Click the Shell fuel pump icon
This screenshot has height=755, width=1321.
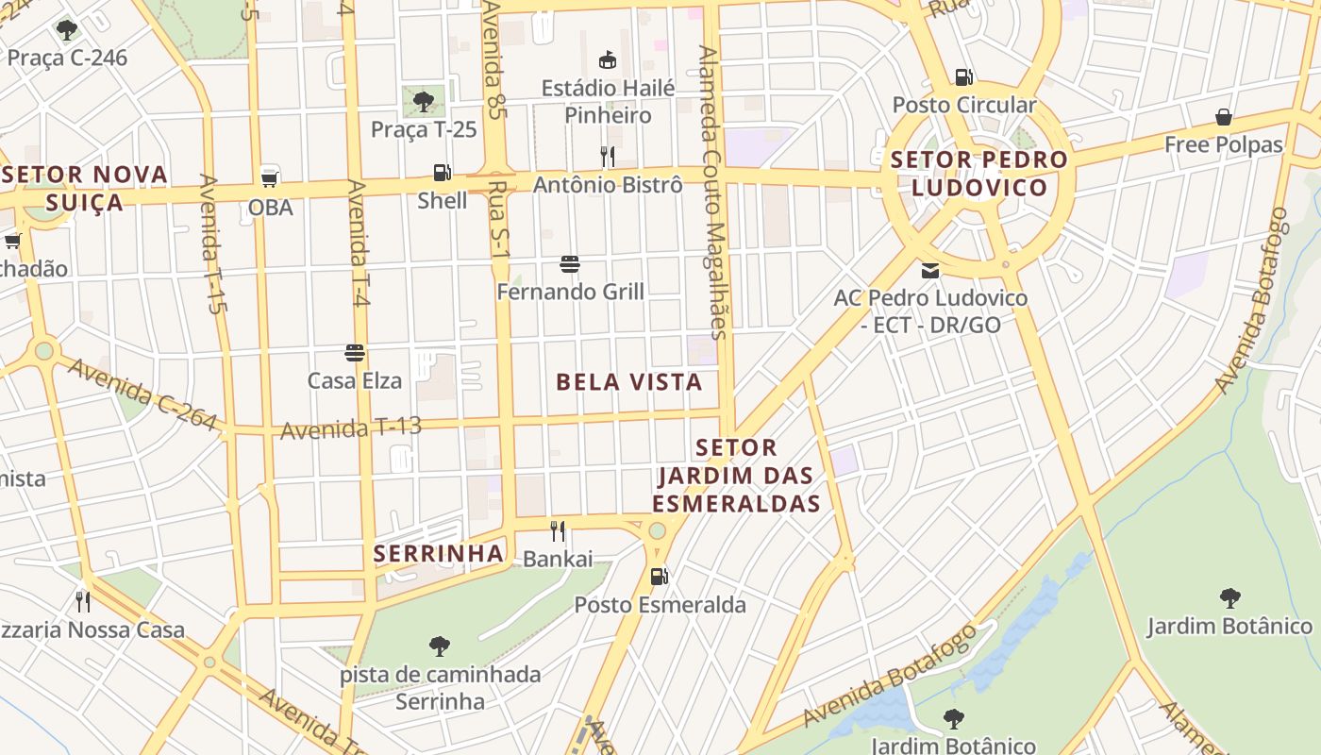[442, 173]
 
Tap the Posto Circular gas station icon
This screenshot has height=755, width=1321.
[963, 76]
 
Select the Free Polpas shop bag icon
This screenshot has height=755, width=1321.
[1224, 117]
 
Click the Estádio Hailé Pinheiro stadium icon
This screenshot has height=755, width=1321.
[608, 60]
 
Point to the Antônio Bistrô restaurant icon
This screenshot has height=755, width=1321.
[608, 156]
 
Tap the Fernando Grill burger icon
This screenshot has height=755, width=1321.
[569, 263]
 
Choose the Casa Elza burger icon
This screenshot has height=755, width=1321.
[355, 353]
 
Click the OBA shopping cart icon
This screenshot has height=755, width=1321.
[270, 177]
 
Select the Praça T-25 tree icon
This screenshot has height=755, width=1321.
[424, 101]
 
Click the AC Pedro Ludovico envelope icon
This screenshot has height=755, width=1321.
[930, 270]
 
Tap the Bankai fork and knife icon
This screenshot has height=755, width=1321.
[558, 531]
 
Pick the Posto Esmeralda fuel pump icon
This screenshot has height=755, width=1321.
[660, 576]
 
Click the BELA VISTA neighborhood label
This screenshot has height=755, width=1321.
[629, 382]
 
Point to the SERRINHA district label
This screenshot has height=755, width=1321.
[439, 554]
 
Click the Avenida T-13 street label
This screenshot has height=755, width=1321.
[351, 428]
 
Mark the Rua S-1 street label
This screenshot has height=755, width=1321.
[499, 222]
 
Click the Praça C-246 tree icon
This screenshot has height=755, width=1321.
[66, 30]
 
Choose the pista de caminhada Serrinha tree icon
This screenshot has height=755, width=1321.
[439, 646]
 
